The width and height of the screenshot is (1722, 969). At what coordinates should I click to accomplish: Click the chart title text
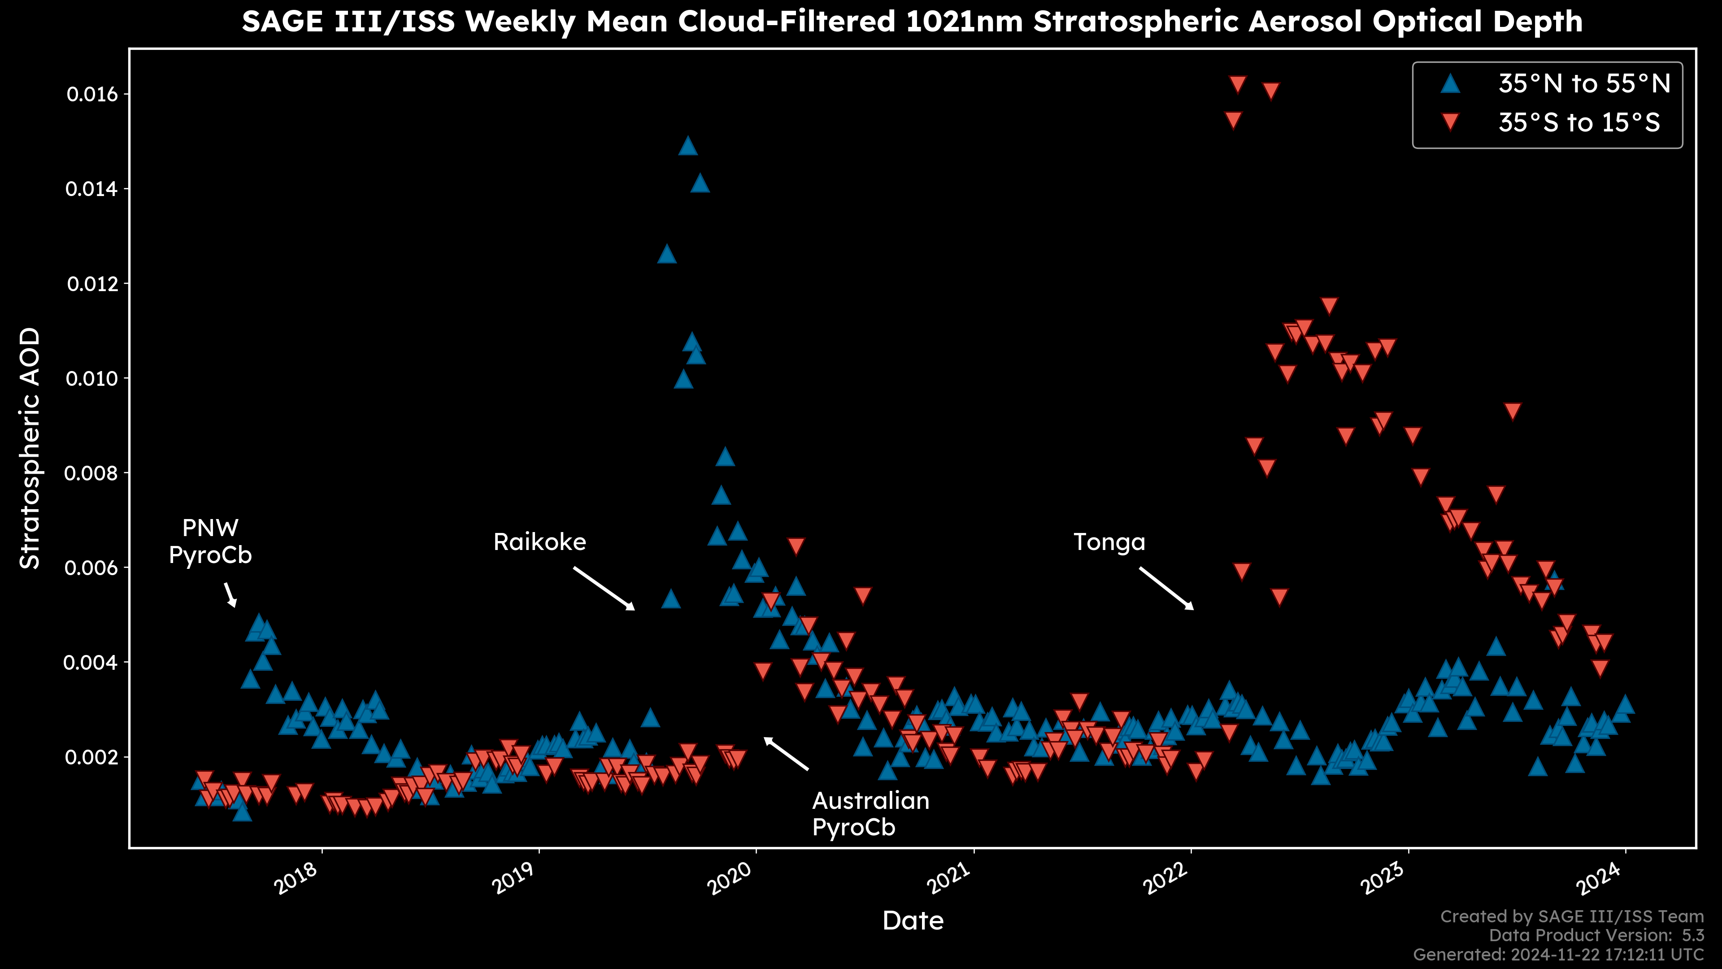pyautogui.click(x=912, y=22)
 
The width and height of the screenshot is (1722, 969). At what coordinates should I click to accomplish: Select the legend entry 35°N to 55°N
pyautogui.click(x=1583, y=83)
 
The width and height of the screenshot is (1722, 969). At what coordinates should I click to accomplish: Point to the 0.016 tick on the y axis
pyautogui.click(x=91, y=94)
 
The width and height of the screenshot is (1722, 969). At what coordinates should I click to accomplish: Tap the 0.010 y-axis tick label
pyautogui.click(x=91, y=379)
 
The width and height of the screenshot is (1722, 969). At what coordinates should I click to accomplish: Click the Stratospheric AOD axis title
pyautogui.click(x=30, y=448)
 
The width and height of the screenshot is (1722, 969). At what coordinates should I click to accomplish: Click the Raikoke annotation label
pyautogui.click(x=539, y=541)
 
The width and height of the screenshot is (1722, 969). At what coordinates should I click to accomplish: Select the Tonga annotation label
pyautogui.click(x=1109, y=541)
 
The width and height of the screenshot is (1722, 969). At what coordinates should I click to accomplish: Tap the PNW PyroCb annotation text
pyautogui.click(x=210, y=541)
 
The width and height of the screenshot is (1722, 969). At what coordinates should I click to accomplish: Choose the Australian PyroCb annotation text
pyautogui.click(x=870, y=814)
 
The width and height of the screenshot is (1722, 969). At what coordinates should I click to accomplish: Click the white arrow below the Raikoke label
pyautogui.click(x=604, y=589)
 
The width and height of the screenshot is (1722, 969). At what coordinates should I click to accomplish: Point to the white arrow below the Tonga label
pyautogui.click(x=1166, y=589)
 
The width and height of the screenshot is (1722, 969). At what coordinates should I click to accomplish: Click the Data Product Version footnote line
pyautogui.click(x=1596, y=935)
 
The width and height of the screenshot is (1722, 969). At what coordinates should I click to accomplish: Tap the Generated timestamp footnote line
pyautogui.click(x=1558, y=954)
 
